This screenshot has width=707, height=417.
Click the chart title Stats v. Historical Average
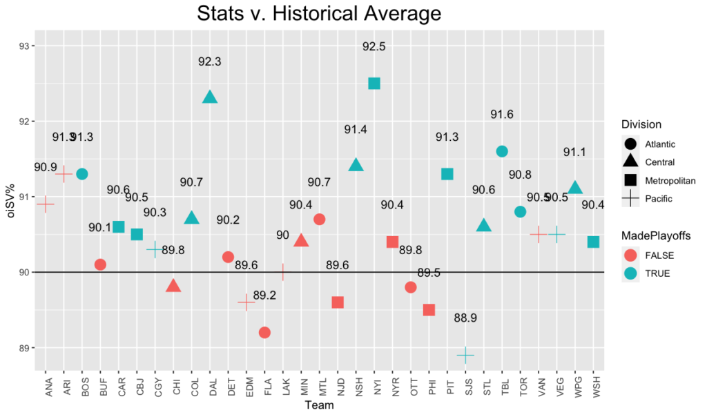click(x=318, y=14)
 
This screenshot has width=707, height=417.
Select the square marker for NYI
click(x=374, y=84)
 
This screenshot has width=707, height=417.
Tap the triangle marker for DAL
click(x=210, y=97)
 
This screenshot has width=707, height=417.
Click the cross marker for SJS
click(x=465, y=355)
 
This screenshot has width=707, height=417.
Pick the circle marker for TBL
click(x=502, y=151)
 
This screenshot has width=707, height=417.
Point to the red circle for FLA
click(x=264, y=333)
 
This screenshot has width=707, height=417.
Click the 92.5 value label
click(x=374, y=46)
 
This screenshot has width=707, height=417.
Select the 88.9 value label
click(x=465, y=318)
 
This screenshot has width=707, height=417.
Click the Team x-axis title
click(x=319, y=407)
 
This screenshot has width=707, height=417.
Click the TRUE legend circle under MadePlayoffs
click(x=630, y=273)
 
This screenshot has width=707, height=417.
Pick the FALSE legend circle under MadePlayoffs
click(x=630, y=255)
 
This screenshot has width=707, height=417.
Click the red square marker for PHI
click(x=429, y=310)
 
